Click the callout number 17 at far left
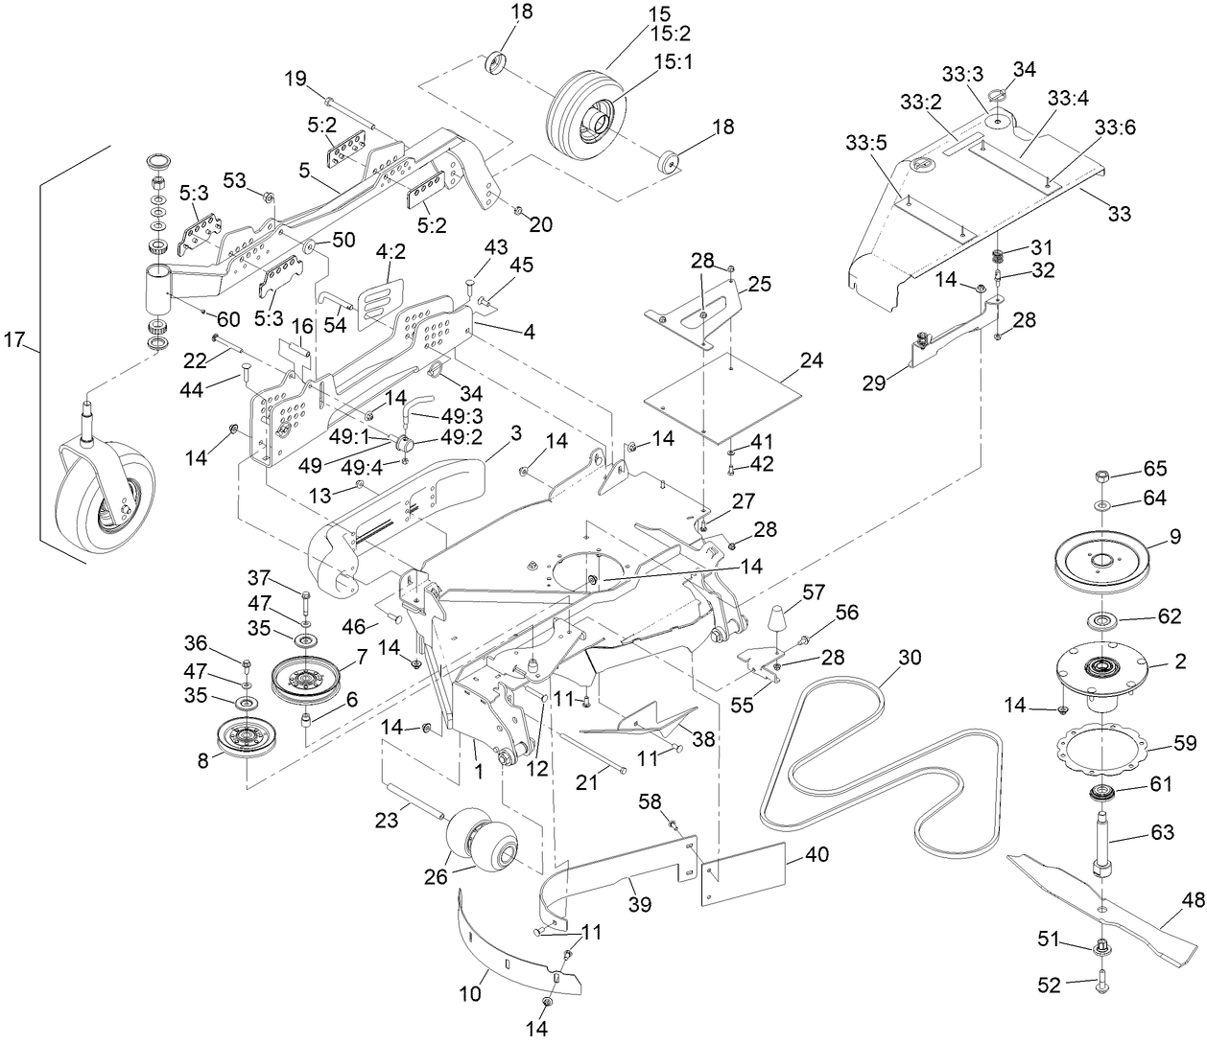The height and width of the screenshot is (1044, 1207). tap(13, 340)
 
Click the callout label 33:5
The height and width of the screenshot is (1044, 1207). tap(865, 142)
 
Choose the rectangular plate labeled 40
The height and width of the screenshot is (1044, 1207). tap(744, 871)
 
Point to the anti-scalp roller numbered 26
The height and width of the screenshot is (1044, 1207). tap(484, 840)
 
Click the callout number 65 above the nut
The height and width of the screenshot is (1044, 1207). tap(1154, 470)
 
